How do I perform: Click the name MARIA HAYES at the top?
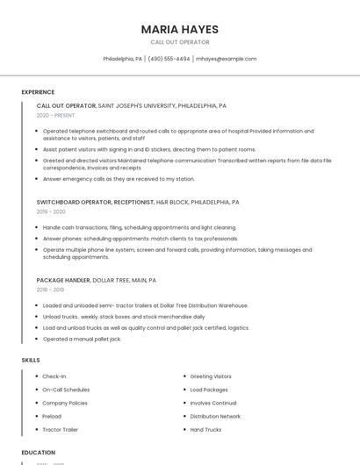click(x=179, y=30)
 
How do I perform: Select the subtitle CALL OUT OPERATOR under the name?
click(x=179, y=42)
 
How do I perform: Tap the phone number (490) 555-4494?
click(x=169, y=59)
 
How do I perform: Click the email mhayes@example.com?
click(x=226, y=59)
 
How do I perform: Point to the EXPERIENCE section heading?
click(x=38, y=92)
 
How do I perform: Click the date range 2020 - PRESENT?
click(x=55, y=115)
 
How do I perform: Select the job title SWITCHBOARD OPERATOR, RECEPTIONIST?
click(x=95, y=202)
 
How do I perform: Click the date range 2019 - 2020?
click(x=51, y=211)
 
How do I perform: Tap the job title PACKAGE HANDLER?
click(x=63, y=280)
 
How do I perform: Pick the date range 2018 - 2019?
click(x=50, y=290)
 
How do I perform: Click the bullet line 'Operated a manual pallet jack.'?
click(x=82, y=339)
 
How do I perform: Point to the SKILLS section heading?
click(x=31, y=361)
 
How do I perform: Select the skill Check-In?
click(x=54, y=376)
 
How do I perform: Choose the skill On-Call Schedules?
click(x=66, y=390)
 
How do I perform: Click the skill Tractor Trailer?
click(x=61, y=430)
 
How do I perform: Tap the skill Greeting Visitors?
click(x=211, y=376)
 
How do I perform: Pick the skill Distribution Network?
click(x=215, y=417)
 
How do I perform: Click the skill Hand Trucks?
click(x=205, y=430)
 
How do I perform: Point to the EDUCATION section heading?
click(x=38, y=453)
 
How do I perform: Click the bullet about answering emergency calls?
click(x=119, y=179)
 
